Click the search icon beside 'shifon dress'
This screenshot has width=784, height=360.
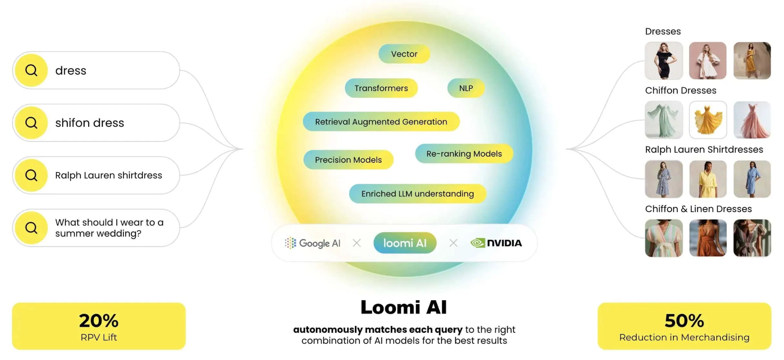[31, 123]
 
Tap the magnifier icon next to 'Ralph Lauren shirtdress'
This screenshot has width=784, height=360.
[31, 175]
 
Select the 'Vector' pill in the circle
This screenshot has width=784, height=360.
[404, 54]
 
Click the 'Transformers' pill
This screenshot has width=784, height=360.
[381, 88]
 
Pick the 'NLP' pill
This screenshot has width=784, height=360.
[466, 88]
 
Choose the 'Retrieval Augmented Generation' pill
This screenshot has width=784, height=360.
[381, 122]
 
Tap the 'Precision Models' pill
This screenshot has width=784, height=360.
[348, 160]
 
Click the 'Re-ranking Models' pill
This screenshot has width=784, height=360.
[464, 154]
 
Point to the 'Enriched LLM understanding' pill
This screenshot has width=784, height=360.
[418, 194]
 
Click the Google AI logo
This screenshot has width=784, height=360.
[312, 243]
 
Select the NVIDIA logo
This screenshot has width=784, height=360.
[496, 243]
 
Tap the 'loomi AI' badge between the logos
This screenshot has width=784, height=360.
[405, 243]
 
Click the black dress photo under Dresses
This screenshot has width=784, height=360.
[664, 61]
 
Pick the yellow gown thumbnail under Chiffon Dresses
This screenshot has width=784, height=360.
[708, 120]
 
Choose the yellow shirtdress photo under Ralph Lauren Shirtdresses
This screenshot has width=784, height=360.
[708, 179]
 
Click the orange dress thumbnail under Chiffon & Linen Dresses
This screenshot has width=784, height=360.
[708, 238]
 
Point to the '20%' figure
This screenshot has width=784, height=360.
[99, 321]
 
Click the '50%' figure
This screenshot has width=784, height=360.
[684, 321]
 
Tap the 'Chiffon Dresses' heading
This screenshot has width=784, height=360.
[681, 90]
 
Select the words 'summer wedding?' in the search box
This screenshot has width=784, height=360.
[98, 234]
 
